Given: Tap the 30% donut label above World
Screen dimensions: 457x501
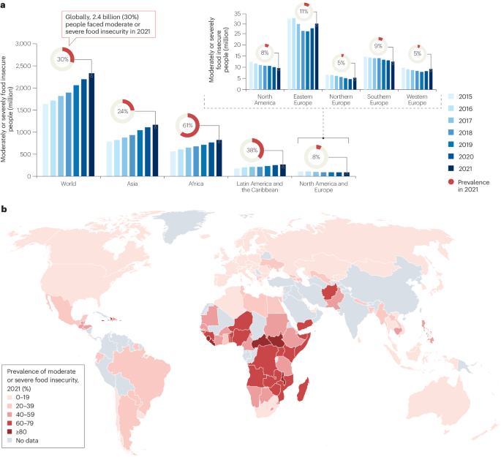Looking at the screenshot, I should (x=63, y=59).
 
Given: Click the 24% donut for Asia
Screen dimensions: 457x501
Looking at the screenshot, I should (x=123, y=112).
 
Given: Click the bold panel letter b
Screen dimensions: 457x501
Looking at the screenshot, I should (x=6, y=209).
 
